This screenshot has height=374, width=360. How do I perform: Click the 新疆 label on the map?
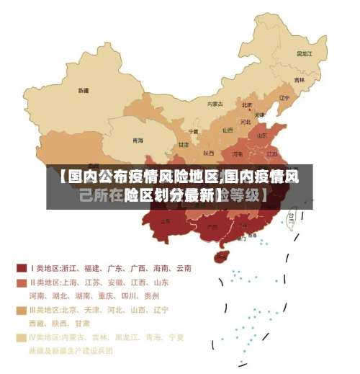point(84,92)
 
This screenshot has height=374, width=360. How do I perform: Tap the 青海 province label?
point(137,140)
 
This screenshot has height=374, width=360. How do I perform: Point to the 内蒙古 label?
point(215,104)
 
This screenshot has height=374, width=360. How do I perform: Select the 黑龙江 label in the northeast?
point(305,53)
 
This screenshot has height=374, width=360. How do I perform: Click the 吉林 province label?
point(300,80)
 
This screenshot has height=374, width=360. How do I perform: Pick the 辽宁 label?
point(284,97)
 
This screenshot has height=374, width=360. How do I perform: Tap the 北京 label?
point(247,104)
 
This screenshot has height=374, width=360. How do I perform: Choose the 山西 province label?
point(228,130)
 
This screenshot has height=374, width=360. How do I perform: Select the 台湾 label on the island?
point(292,215)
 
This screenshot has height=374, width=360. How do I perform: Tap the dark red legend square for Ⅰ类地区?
point(22,268)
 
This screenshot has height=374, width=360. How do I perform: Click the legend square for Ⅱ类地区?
point(22,282)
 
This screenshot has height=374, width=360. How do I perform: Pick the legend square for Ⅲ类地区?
point(22,310)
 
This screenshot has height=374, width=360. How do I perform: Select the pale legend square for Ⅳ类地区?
point(22,337)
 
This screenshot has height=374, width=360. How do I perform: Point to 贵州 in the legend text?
point(151,295)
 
